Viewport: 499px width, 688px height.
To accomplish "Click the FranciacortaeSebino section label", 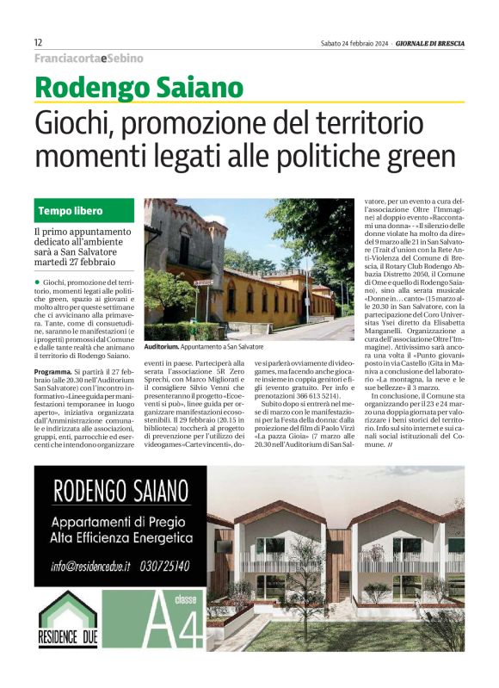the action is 89,58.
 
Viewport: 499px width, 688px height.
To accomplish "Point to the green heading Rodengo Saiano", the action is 139,88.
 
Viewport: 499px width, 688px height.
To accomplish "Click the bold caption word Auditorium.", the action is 162,345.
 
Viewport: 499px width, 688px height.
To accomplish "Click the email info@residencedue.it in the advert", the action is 90,565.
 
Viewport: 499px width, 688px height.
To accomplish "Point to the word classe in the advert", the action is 185,598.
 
